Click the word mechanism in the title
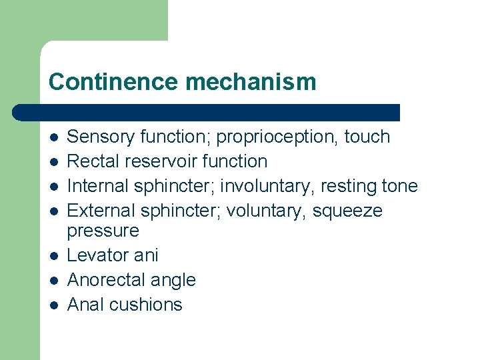251,82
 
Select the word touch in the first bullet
367,137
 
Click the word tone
397,186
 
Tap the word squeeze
347,211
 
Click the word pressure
103,231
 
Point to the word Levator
99,255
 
